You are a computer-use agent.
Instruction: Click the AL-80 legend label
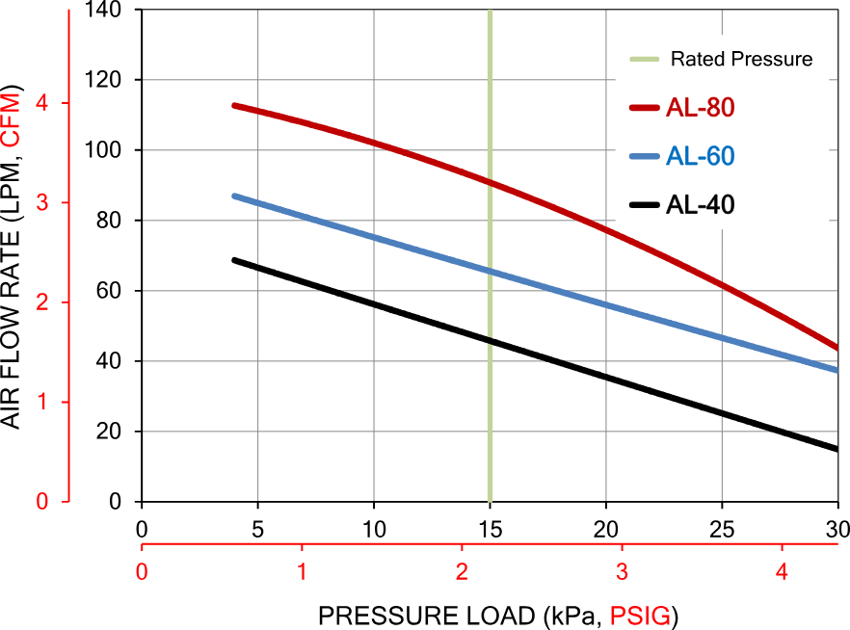pyautogui.click(x=700, y=107)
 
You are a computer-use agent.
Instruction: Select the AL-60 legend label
pyautogui.click(x=700, y=156)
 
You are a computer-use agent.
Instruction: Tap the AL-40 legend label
pyautogui.click(x=700, y=205)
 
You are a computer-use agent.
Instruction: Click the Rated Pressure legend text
pyautogui.click(x=742, y=59)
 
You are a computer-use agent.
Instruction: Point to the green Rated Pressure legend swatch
pyautogui.click(x=645, y=59)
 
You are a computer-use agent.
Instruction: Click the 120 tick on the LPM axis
pyautogui.click(x=103, y=80)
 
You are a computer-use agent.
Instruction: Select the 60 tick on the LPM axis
pyautogui.click(x=108, y=291)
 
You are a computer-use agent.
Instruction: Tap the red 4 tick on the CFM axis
pyautogui.click(x=42, y=103)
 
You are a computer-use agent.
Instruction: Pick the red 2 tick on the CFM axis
pyautogui.click(x=42, y=302)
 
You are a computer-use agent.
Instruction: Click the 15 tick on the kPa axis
pyautogui.click(x=490, y=529)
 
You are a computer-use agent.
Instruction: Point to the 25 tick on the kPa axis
pyautogui.click(x=722, y=529)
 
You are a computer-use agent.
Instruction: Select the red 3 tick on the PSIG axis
pyautogui.click(x=622, y=571)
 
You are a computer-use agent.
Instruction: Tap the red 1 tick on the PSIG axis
pyautogui.click(x=302, y=571)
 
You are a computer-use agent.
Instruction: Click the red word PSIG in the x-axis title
pyautogui.click(x=640, y=617)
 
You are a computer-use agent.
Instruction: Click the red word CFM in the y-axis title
pyautogui.click(x=11, y=120)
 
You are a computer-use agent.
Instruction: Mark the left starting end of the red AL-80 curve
pyautogui.click(x=234, y=105)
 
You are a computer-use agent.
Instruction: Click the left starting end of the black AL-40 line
pyautogui.click(x=234, y=260)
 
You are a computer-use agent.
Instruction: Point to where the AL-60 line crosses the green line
pyautogui.click(x=490, y=271)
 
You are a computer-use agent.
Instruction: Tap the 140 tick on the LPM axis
pyautogui.click(x=103, y=10)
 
